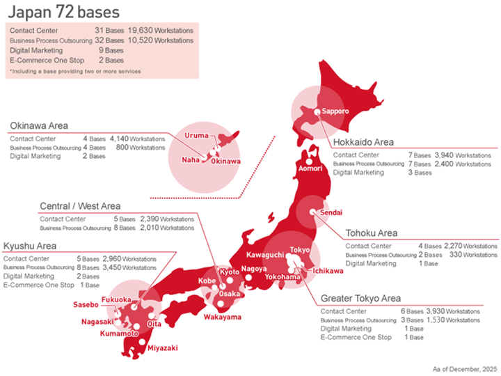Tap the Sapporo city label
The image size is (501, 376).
coord(335,111)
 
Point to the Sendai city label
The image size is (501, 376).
coord(331,212)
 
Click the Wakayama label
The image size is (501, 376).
coord(223,318)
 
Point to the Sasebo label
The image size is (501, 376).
coord(86,304)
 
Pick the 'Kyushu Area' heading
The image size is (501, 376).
coord(29,246)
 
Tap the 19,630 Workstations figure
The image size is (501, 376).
coord(161,31)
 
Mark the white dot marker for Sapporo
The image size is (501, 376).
coord(317,111)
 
